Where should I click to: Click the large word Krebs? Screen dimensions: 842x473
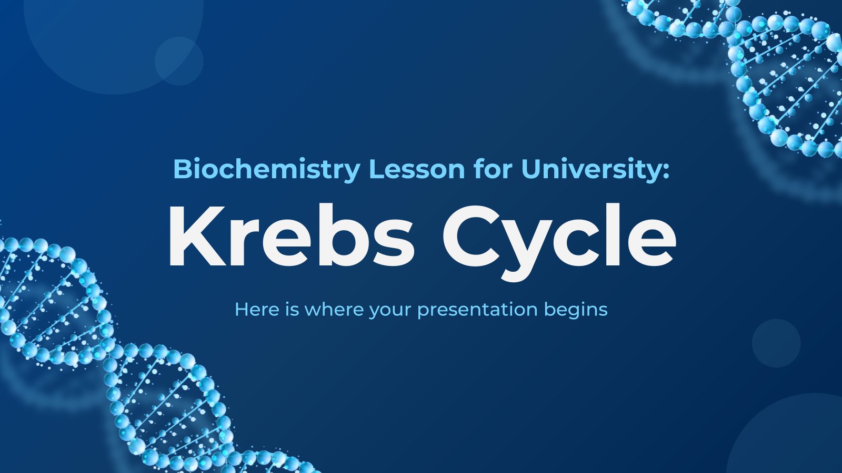coord(292,236)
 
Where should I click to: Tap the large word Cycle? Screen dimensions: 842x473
coord(559,242)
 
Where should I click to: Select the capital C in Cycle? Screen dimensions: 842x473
coord(471,236)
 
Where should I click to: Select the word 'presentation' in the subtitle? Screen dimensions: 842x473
coord(477,311)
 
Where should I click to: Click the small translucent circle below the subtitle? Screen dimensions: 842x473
coord(776,343)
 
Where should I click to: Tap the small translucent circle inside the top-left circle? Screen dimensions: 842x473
coord(179,61)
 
